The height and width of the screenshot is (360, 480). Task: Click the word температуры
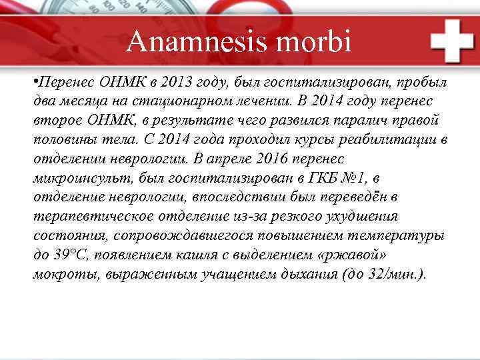click(402, 236)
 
